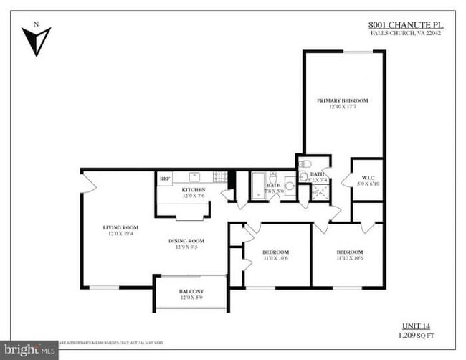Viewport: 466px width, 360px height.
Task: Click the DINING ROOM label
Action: coord(186,240)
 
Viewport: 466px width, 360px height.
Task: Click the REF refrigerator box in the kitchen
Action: coord(165,179)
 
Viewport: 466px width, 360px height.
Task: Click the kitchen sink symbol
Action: coord(194,176)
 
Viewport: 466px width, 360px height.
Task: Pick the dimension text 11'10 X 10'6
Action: coord(349,259)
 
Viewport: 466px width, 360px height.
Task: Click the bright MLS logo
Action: coord(29,351)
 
